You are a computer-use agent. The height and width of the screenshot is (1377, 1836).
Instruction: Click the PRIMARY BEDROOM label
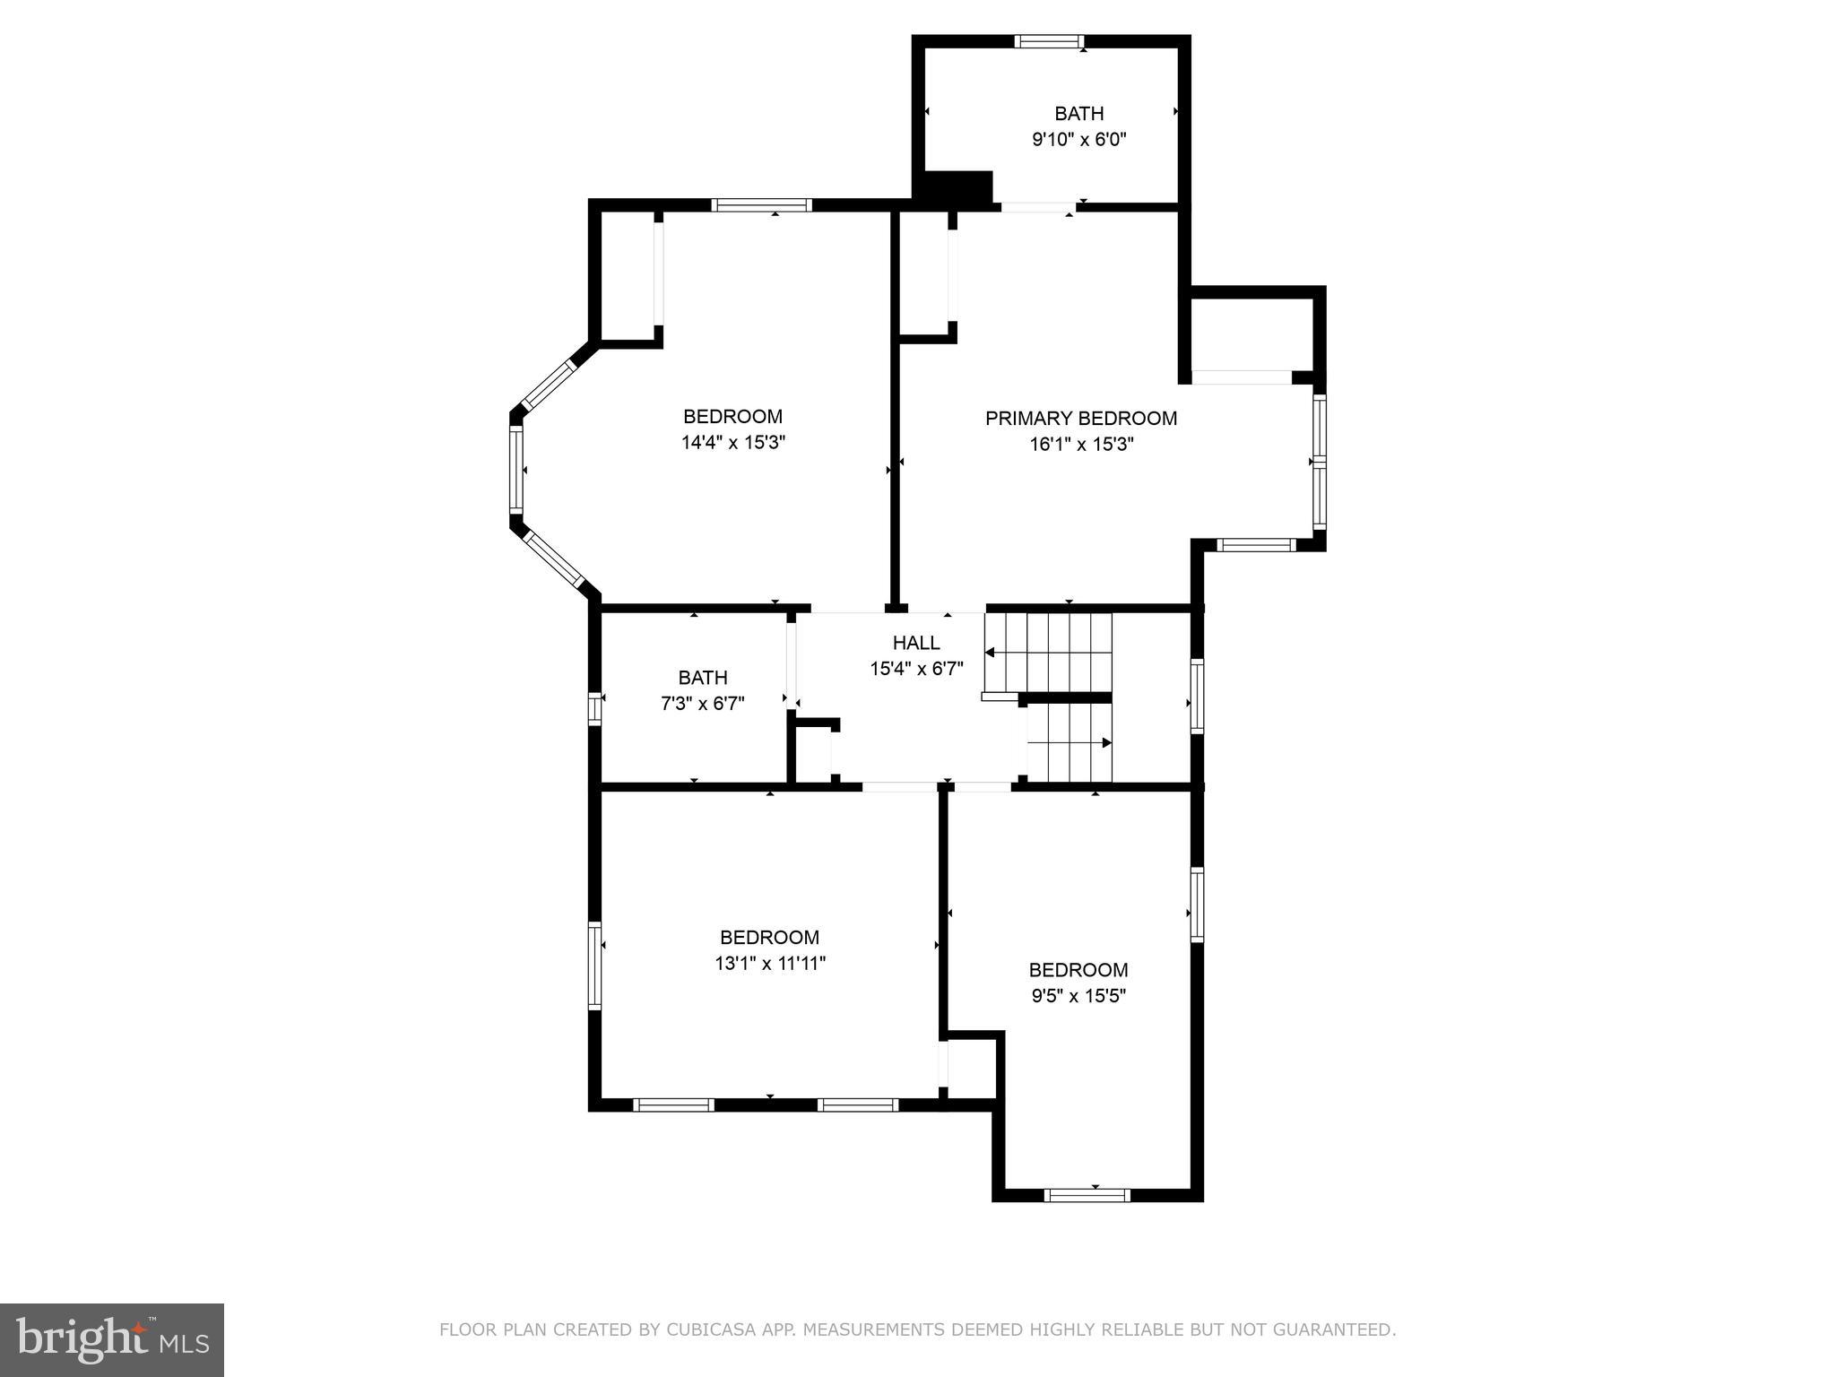tap(1080, 418)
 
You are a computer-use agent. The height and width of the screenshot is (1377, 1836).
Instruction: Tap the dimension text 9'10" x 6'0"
tap(1078, 140)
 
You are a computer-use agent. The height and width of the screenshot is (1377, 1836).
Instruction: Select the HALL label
tap(915, 643)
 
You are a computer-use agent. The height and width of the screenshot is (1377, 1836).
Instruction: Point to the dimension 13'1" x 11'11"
tap(769, 964)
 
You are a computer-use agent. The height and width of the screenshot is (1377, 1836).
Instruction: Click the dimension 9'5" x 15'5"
tap(1078, 996)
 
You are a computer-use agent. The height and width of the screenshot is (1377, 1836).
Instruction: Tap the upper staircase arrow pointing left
tap(991, 652)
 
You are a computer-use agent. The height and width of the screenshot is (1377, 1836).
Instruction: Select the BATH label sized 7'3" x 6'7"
tap(702, 678)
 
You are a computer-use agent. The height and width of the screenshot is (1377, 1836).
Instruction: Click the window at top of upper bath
tap(1049, 41)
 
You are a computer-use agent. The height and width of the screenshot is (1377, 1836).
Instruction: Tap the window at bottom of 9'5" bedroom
tap(1087, 1194)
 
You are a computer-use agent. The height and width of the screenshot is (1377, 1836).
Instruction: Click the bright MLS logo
tap(111, 1339)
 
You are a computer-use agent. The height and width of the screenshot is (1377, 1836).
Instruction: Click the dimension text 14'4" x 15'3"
tap(732, 443)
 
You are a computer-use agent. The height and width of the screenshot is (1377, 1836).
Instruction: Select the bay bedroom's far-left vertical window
tap(515, 469)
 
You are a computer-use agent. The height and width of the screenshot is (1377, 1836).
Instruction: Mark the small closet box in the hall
tap(814, 751)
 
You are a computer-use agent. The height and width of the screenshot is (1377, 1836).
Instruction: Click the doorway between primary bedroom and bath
tap(1038, 207)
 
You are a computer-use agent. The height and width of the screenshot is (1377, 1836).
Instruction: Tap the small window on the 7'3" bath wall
tap(593, 708)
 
